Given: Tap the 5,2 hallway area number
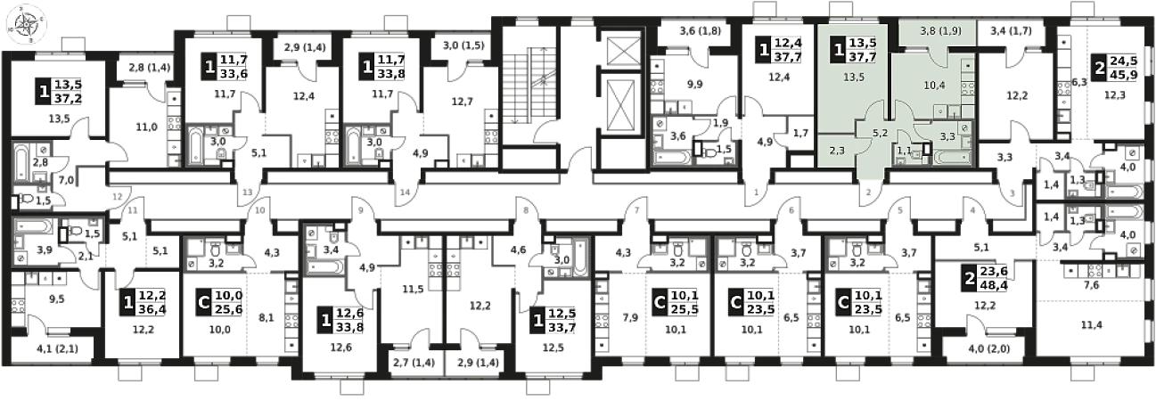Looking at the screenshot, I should (879, 134).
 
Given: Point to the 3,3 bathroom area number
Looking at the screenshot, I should (948, 136).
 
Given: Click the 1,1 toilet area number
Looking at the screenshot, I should (904, 151).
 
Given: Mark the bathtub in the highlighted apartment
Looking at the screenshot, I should (949, 157).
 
